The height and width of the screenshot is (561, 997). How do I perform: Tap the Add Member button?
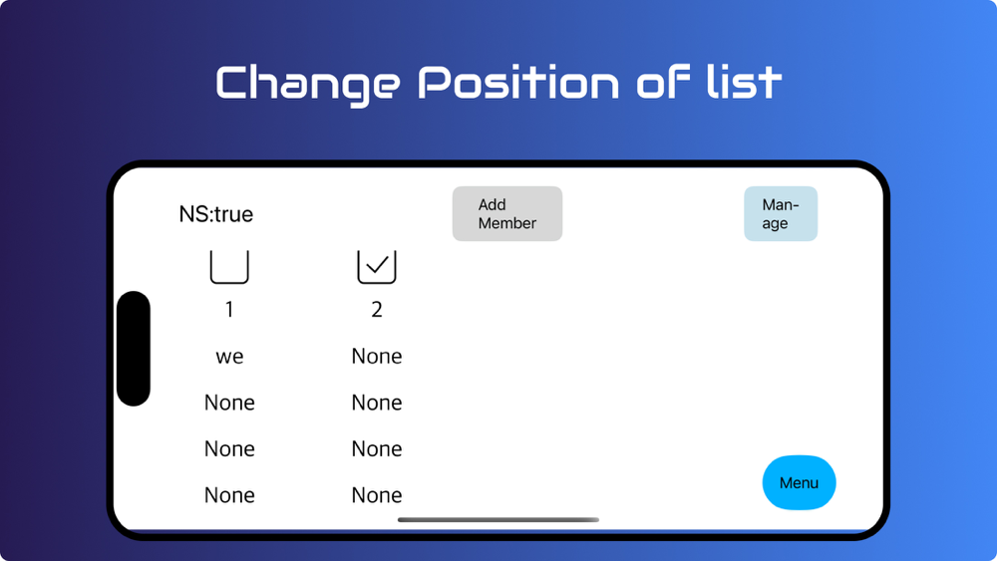[x=507, y=213]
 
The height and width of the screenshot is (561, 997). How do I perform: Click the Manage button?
[x=781, y=213]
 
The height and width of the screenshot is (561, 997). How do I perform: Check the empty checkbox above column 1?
[x=229, y=267]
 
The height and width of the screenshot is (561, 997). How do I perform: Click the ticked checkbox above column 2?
[x=377, y=267]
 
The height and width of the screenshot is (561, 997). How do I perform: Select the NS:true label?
[x=216, y=214]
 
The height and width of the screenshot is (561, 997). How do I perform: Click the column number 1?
[x=229, y=310]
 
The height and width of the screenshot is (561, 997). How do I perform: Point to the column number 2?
[x=377, y=310]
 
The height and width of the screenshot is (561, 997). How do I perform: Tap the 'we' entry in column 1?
[x=229, y=357]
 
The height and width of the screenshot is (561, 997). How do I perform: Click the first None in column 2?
[x=377, y=356]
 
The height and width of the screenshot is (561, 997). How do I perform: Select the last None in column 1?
[x=229, y=495]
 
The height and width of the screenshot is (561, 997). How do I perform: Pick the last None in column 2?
[x=377, y=495]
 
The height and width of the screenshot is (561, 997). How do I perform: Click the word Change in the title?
[x=308, y=85]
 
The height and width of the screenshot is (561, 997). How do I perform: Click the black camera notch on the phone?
[x=134, y=348]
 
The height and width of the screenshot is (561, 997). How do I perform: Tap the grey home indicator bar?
[x=498, y=520]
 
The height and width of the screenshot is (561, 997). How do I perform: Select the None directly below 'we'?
[x=229, y=403]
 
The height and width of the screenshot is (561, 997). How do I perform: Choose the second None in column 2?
[x=377, y=403]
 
